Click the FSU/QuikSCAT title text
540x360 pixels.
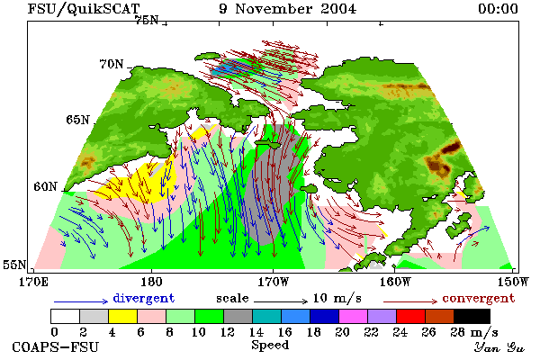84,9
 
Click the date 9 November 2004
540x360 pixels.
288,9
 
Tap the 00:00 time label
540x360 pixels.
498,9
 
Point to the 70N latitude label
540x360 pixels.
112,64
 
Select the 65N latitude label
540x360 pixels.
77,120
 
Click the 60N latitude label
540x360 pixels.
45,186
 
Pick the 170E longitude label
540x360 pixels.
33,282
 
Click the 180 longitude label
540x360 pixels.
151,282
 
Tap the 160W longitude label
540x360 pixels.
395,282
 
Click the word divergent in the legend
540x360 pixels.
144,298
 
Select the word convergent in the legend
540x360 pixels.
479,298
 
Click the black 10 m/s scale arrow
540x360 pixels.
281,301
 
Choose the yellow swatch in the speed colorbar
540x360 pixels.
122,316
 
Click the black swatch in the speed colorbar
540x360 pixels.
472,316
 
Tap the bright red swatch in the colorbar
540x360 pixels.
411,316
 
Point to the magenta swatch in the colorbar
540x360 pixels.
354,316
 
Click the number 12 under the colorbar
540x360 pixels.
228,332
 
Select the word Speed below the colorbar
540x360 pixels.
270,346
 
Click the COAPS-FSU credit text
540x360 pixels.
56,346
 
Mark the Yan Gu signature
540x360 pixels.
499,347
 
